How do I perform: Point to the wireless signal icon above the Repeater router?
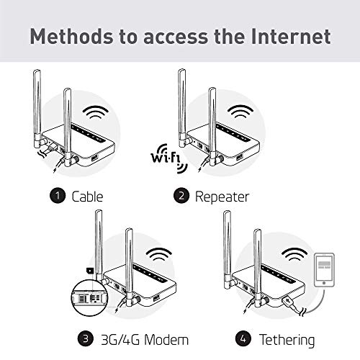tap(242, 112)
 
